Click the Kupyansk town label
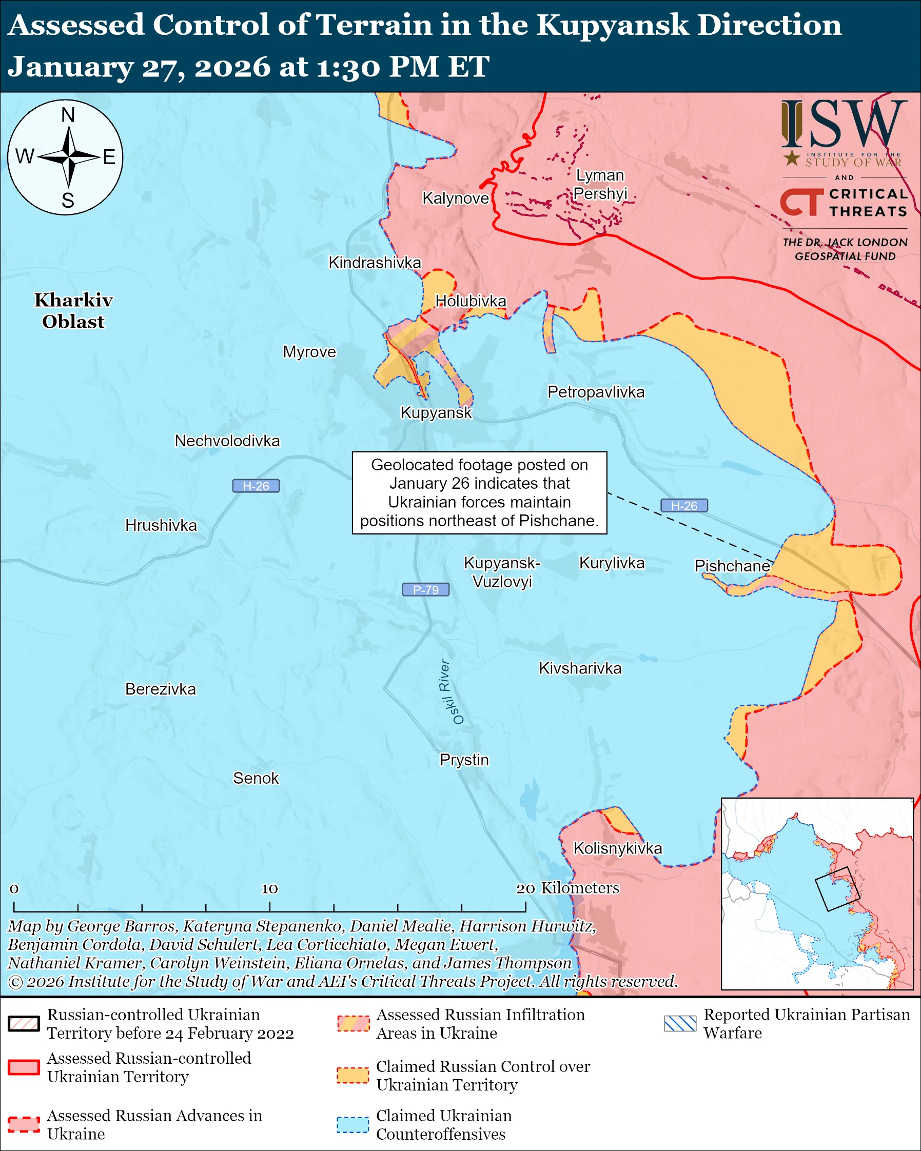(436, 413)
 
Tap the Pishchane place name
(732, 566)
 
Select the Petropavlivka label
(596, 392)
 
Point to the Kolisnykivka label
(617, 848)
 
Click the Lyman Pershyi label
(600, 184)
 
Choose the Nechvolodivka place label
(227, 441)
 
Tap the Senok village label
(256, 779)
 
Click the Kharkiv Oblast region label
(74, 311)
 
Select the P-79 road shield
(425, 589)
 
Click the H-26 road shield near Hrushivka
(256, 486)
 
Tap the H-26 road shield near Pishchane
(684, 506)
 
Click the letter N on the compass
(68, 115)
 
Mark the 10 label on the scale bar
(269, 888)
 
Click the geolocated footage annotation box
(479, 493)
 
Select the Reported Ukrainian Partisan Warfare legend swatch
(680, 1023)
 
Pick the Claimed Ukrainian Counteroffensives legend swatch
(352, 1124)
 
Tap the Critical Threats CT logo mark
(801, 202)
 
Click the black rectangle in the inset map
(837, 889)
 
